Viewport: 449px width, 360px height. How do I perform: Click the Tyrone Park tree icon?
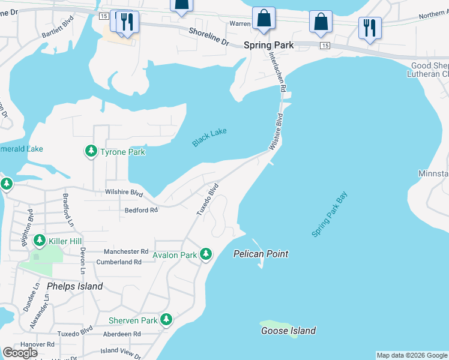click(x=91, y=151)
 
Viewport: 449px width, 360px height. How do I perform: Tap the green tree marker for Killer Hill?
click(x=40, y=241)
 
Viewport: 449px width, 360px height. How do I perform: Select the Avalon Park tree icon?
click(x=206, y=254)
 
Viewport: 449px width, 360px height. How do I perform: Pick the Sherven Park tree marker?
click(x=166, y=320)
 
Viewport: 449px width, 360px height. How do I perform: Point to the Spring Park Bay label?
click(x=330, y=214)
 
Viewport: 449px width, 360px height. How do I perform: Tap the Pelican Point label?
click(x=261, y=254)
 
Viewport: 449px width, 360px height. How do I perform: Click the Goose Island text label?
click(x=288, y=331)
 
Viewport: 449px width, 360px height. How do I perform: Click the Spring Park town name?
click(x=268, y=45)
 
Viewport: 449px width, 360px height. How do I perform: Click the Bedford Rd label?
click(x=141, y=210)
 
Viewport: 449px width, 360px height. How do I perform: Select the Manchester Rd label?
click(x=126, y=251)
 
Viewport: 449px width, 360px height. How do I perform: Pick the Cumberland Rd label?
click(x=121, y=262)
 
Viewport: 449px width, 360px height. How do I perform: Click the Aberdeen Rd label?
click(x=121, y=334)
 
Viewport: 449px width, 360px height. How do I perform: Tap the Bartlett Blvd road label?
click(x=57, y=32)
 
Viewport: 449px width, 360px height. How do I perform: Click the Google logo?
click(x=20, y=353)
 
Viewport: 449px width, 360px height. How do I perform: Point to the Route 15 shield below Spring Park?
click(x=325, y=46)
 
